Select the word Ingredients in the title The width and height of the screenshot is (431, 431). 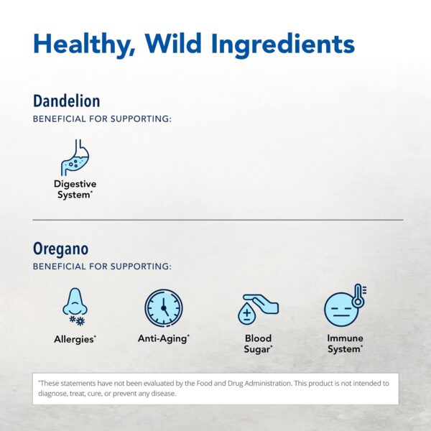coord(286,44)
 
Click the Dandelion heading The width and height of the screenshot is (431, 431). coord(66,101)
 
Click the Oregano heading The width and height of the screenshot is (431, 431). coord(60,249)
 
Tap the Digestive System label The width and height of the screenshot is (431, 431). coord(75,190)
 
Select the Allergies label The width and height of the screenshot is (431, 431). coord(75,338)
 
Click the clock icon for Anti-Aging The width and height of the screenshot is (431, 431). coord(163,308)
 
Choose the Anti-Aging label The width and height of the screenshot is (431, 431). coord(163,338)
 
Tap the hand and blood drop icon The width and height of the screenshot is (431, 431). coord(257,308)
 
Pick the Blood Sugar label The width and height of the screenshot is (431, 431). coord(257,343)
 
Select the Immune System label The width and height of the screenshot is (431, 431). coord(345,343)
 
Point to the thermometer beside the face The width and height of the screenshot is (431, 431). coord(358,295)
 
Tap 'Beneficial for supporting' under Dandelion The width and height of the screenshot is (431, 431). coord(102,118)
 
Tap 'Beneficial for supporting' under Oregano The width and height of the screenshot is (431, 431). coord(102,266)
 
